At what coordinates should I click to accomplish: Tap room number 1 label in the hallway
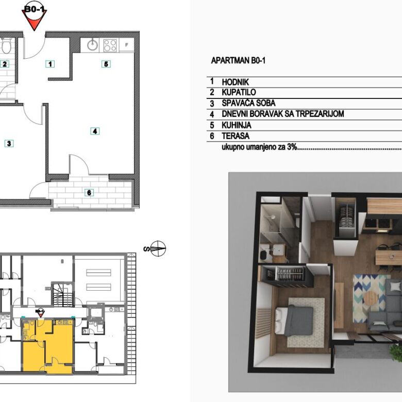pyautogui.click(x=50, y=64)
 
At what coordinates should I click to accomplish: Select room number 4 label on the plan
pyautogui.click(x=95, y=131)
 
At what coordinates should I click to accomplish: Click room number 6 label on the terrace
pyautogui.click(x=89, y=193)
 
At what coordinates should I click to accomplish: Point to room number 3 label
pyautogui.click(x=9, y=143)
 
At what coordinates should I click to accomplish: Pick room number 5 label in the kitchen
pyautogui.click(x=106, y=64)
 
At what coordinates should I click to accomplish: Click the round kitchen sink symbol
pyautogui.click(x=92, y=45)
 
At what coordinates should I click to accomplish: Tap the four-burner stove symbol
pyautogui.click(x=110, y=45)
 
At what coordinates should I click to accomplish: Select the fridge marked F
pyautogui.click(x=126, y=45)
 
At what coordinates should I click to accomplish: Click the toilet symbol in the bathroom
pyautogui.click(x=6, y=46)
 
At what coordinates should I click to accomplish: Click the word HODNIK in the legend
pyautogui.click(x=236, y=82)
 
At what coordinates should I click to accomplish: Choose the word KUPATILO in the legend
pyautogui.click(x=239, y=92)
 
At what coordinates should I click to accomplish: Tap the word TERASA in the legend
pyautogui.click(x=236, y=136)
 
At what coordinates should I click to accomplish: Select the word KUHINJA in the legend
pyautogui.click(x=237, y=125)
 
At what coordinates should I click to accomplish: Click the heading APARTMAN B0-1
pyautogui.click(x=238, y=60)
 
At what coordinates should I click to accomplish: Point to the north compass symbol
pyautogui.click(x=158, y=248)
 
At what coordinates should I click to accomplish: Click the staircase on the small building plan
pyautogui.click(x=63, y=294)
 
